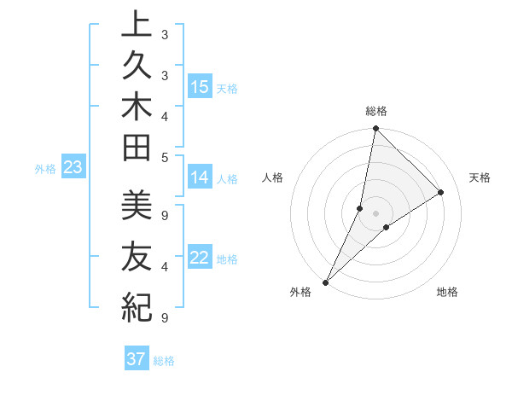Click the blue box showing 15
[x=200, y=87]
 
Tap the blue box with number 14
[x=200, y=177]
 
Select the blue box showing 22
[x=200, y=259]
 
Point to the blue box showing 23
[x=73, y=168]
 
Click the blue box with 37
[x=137, y=359]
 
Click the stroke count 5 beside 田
[x=165, y=156]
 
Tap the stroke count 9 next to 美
[x=165, y=214]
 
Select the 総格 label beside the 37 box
[x=164, y=361]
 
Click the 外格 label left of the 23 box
[x=45, y=169]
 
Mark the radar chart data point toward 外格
[x=325, y=282]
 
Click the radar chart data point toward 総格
[x=375, y=129]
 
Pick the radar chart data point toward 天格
[x=441, y=193]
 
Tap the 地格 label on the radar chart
[x=447, y=293]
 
